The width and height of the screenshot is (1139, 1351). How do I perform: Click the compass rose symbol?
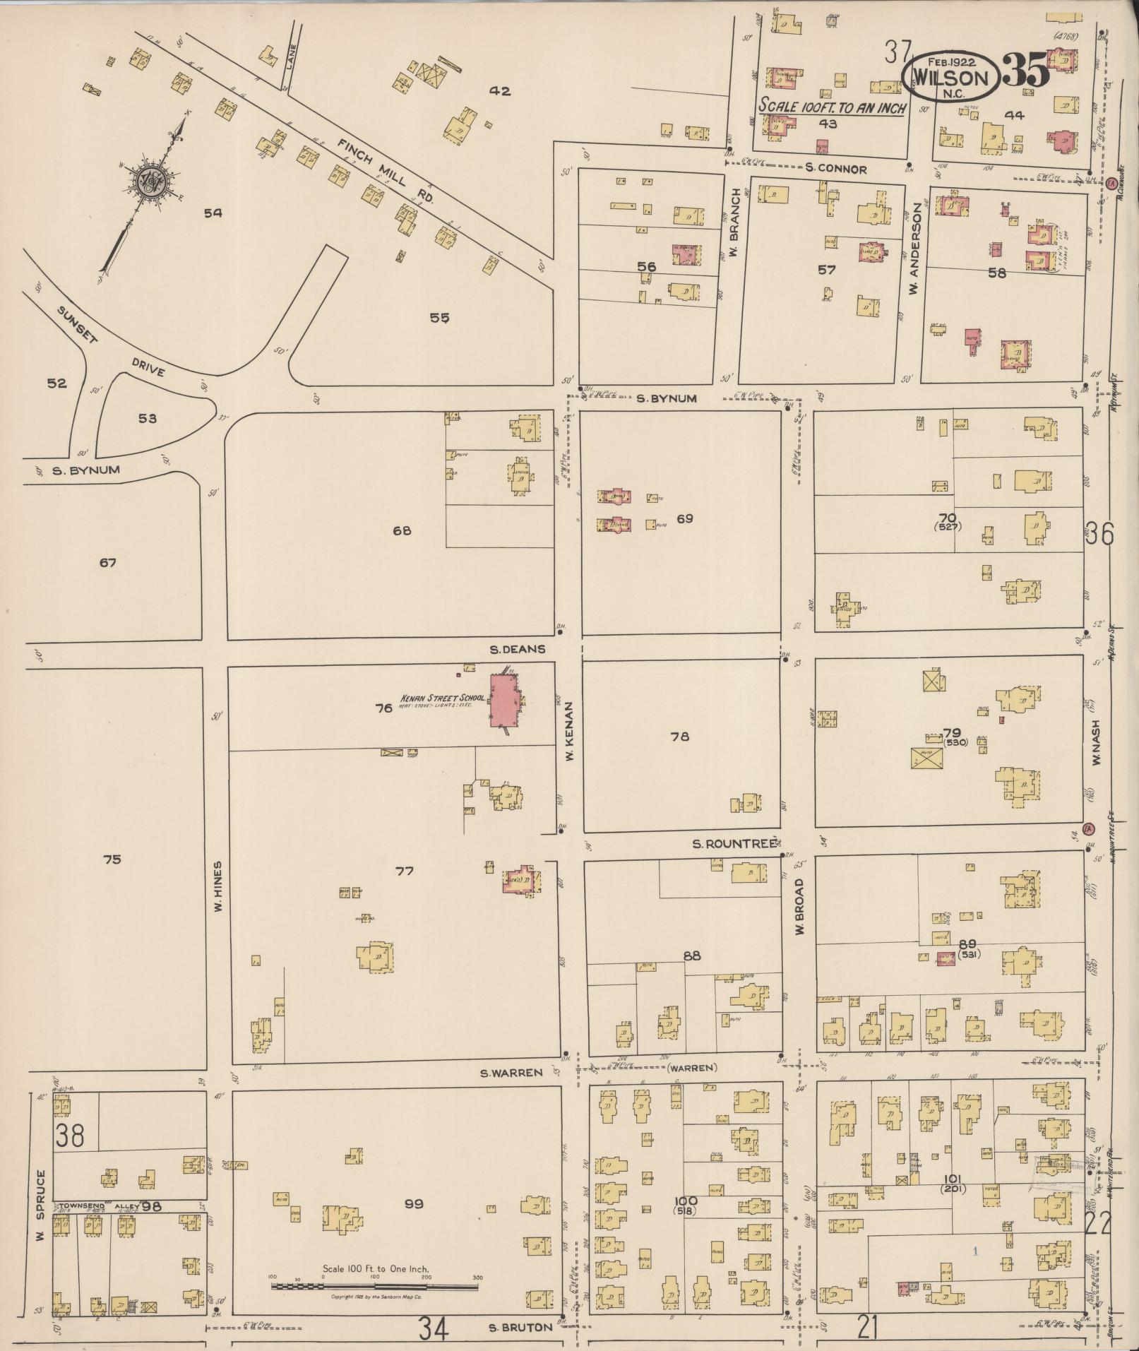coord(150,181)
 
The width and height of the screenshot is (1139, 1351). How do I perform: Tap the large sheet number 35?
coord(1025,70)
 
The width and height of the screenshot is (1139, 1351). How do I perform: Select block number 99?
coord(413,1203)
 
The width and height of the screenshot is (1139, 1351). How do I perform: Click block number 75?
coord(112,859)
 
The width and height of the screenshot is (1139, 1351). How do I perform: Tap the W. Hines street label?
coord(217,887)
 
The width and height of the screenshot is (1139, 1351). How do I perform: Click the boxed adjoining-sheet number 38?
coord(71,1136)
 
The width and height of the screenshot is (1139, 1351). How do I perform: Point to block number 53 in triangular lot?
coord(147,419)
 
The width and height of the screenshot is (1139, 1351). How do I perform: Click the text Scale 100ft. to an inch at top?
coord(830,108)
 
